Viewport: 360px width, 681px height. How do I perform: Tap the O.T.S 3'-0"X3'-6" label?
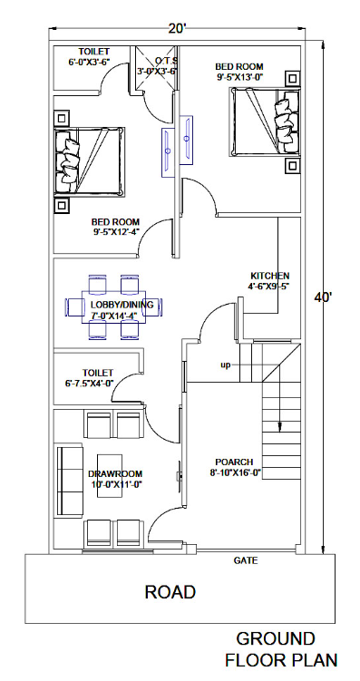[157, 64]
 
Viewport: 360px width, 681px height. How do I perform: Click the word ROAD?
[170, 592]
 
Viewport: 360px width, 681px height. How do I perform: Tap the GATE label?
[246, 561]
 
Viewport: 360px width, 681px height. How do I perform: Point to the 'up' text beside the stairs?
[225, 365]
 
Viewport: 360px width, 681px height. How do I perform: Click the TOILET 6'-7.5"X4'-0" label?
[97, 377]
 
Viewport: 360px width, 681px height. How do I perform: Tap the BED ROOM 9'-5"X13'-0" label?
[239, 72]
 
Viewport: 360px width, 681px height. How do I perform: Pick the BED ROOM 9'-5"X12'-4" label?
[115, 227]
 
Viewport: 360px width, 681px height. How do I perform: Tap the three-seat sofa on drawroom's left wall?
[66, 473]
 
